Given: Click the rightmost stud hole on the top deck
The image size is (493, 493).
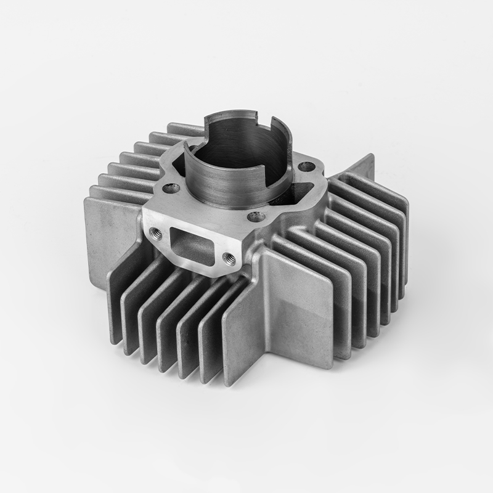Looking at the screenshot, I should click(306, 166).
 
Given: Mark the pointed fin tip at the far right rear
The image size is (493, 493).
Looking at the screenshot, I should click(371, 156).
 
